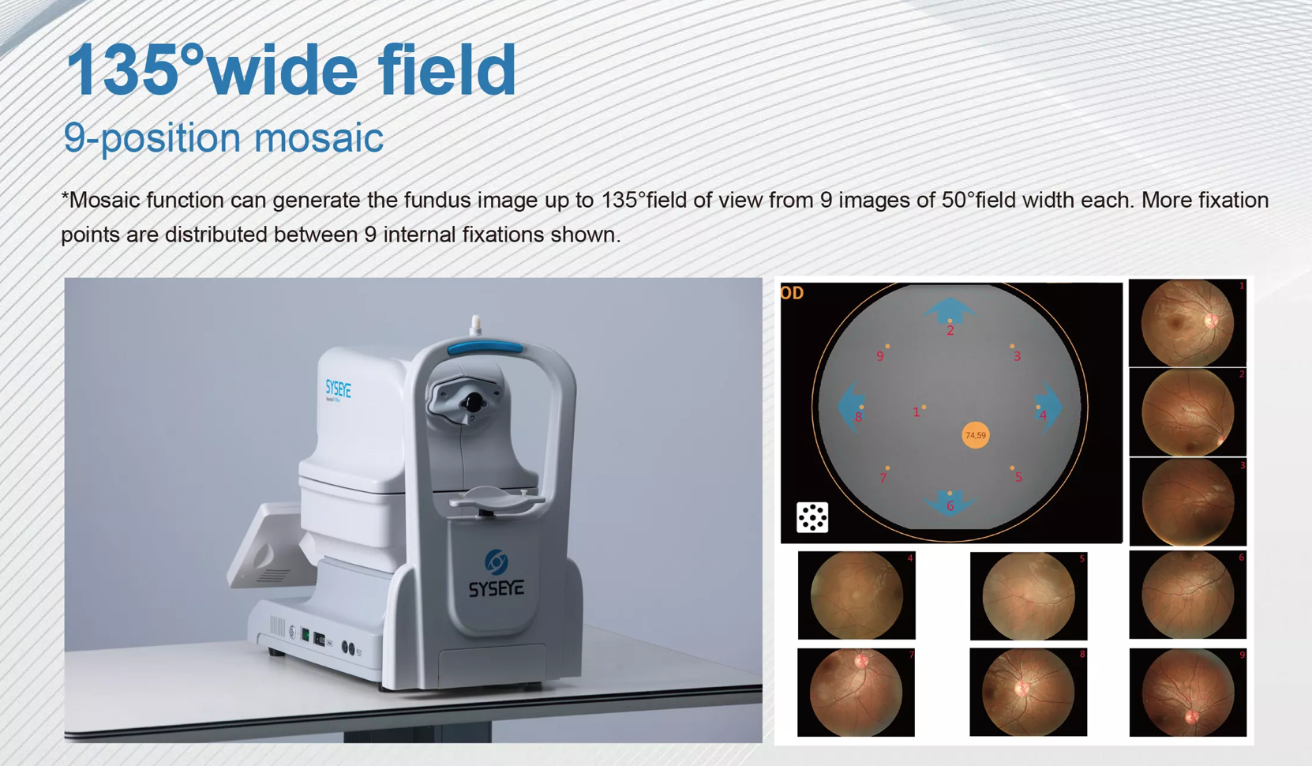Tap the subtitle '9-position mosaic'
tap(223, 138)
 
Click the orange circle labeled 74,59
tap(976, 435)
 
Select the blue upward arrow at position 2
tap(950, 310)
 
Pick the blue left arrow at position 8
tap(849, 406)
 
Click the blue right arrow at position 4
tap(1050, 406)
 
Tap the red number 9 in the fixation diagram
tap(880, 357)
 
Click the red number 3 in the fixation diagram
tap(1017, 357)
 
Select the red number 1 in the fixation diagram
tap(917, 412)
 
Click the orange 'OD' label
tap(792, 294)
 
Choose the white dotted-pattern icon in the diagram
tap(812, 517)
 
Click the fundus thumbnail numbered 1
tap(1187, 322)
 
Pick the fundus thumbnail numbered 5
tap(1028, 595)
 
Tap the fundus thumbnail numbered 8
tap(1028, 693)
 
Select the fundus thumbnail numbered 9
tap(1187, 693)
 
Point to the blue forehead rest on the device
tap(485, 346)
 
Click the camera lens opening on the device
tap(473, 403)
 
